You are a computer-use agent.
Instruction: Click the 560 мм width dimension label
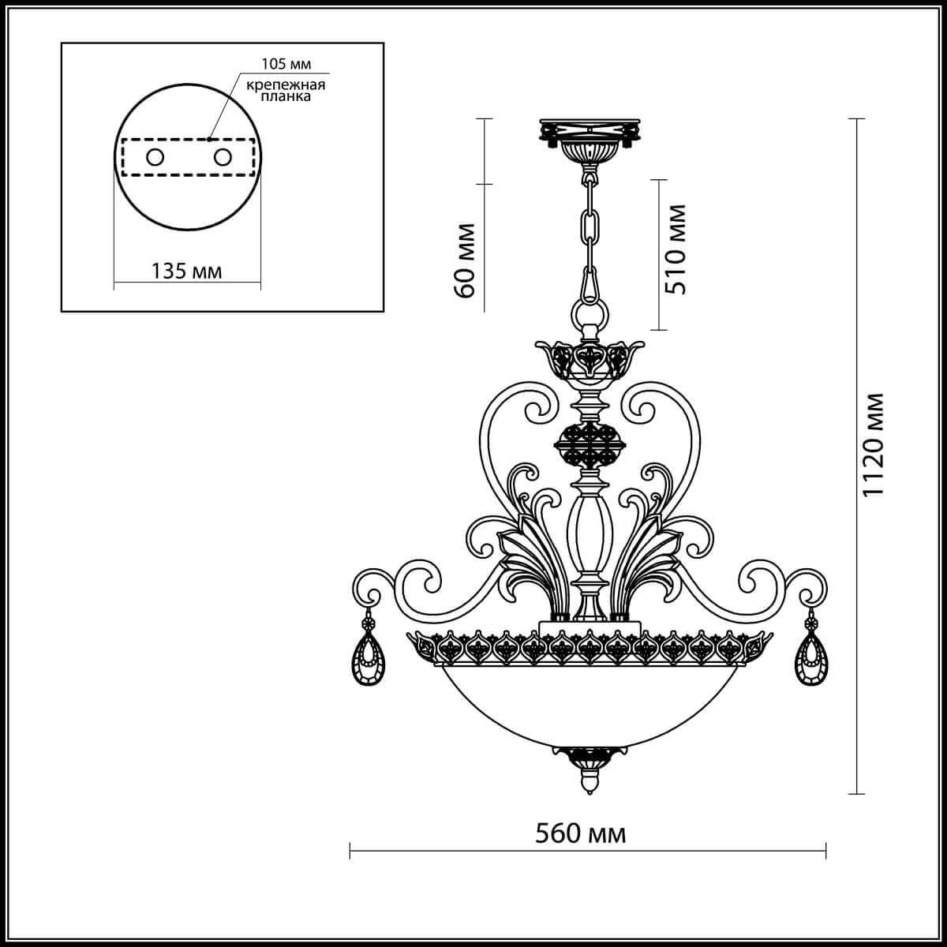click(x=580, y=833)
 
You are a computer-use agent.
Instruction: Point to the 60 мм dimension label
click(x=466, y=260)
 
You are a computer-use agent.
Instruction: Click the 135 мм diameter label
click(x=186, y=271)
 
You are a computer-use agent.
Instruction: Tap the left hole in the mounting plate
click(x=154, y=157)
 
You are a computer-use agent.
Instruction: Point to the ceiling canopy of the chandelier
click(x=589, y=137)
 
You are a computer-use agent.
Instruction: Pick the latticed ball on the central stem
click(x=589, y=446)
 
